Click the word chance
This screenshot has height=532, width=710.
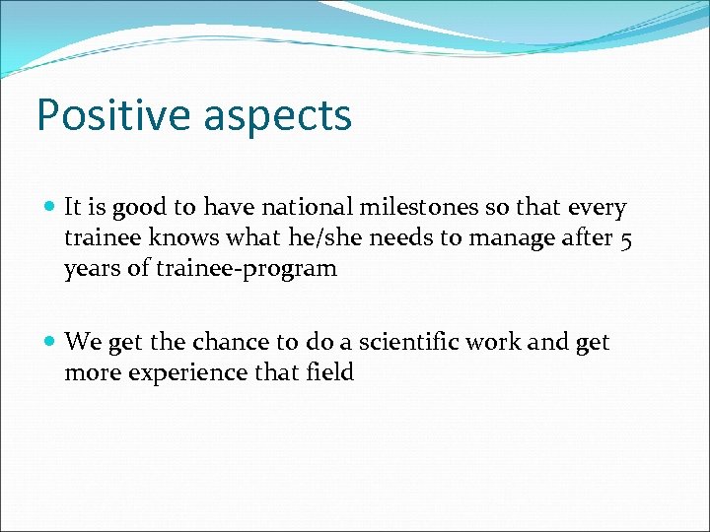tap(230, 342)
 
